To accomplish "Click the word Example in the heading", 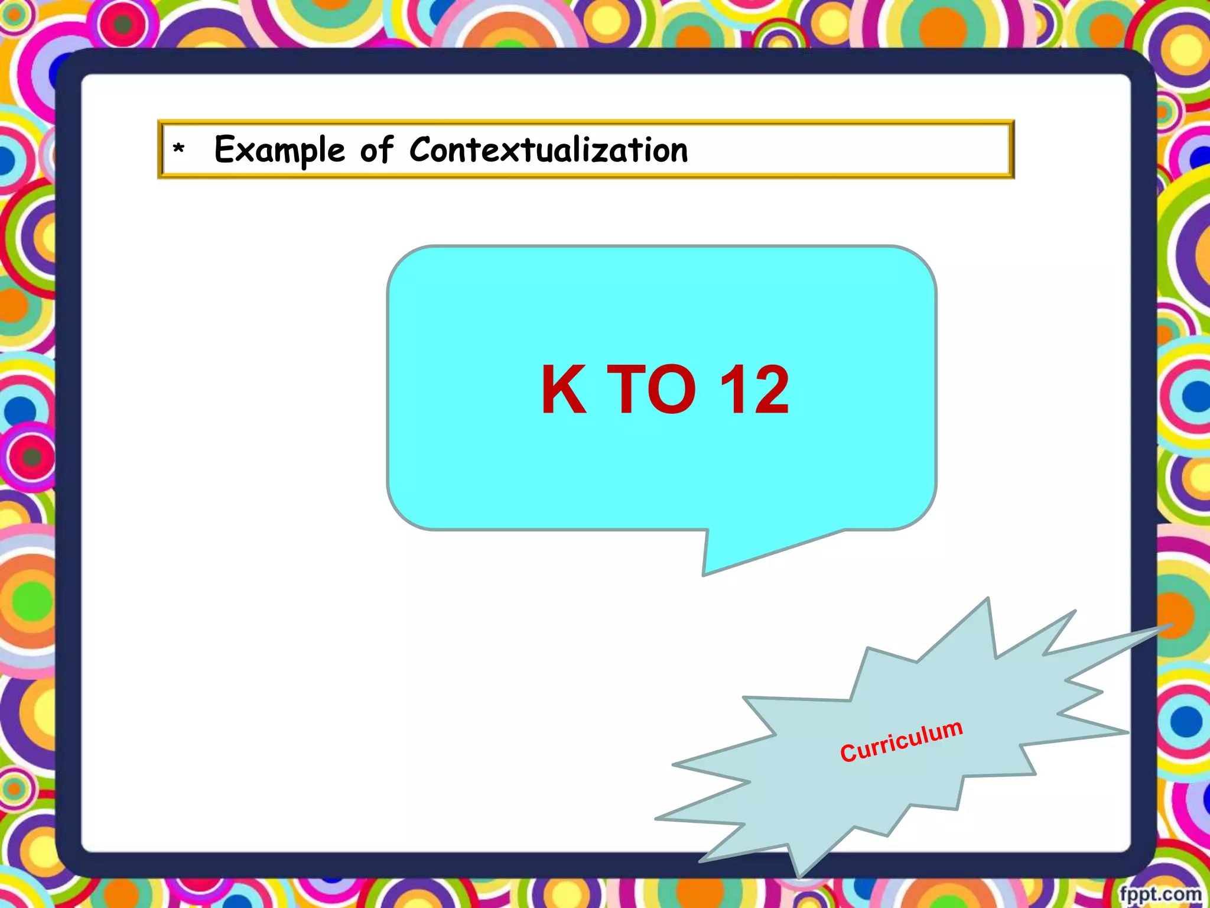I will tap(279, 150).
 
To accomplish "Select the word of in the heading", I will tap(376, 150).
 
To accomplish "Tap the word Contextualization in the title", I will tap(548, 150).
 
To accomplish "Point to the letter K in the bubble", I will tap(564, 390).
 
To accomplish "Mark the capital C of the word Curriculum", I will tap(848, 753).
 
